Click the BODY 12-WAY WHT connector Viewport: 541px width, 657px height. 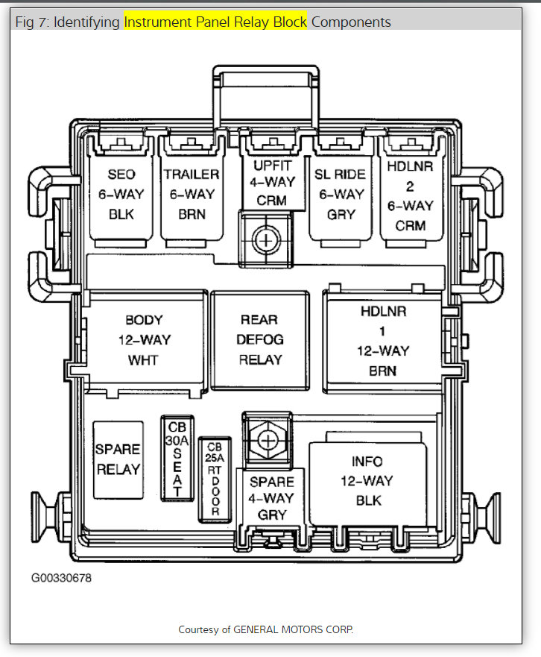point(144,339)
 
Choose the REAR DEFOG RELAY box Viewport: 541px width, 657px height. point(259,339)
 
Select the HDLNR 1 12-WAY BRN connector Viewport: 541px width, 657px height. point(383,340)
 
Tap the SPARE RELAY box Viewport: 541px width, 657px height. point(117,459)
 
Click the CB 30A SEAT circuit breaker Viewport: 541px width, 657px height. point(177,457)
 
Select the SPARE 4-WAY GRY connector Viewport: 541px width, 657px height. point(271,497)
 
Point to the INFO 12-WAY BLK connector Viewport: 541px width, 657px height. point(367,482)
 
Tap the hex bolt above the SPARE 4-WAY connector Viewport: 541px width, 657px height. point(267,441)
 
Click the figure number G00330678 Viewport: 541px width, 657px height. point(61,577)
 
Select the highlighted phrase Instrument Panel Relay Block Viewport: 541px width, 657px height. point(215,22)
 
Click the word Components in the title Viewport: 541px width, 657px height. point(351,22)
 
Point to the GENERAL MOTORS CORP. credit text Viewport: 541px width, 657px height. point(294,629)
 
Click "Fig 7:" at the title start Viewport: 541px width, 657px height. point(33,22)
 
